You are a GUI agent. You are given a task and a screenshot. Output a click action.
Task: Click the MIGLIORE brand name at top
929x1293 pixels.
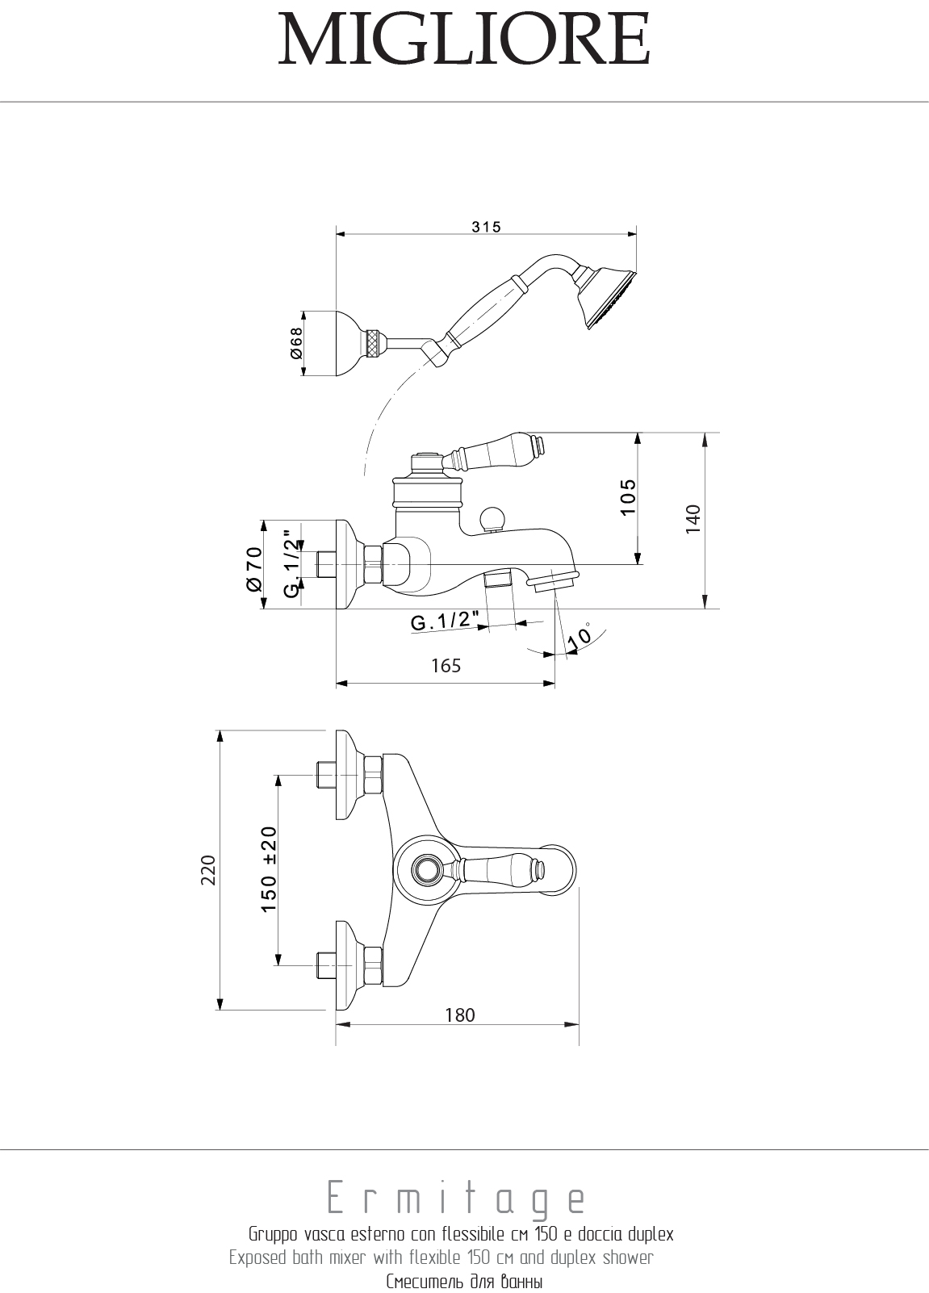point(464,40)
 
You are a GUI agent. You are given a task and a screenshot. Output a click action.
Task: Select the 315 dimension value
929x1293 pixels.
point(487,227)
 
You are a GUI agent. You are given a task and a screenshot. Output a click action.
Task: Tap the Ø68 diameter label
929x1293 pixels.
point(296,344)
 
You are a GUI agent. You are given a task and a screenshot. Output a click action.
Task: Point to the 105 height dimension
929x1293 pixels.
point(629,497)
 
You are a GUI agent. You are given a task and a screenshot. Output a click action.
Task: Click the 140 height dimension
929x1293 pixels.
point(693,520)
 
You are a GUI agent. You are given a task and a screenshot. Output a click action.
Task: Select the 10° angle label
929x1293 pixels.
point(580,635)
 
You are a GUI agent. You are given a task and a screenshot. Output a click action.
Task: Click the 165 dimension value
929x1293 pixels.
point(446,665)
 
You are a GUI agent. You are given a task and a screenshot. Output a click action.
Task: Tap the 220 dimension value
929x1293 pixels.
point(209,870)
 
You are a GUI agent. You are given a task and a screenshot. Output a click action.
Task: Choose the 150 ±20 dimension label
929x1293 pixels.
point(269,869)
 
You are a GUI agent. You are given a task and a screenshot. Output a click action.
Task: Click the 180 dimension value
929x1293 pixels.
point(460,1015)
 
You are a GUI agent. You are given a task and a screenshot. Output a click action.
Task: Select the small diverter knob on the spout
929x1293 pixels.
point(491,519)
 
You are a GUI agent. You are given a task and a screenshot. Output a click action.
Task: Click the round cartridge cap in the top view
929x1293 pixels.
point(425,870)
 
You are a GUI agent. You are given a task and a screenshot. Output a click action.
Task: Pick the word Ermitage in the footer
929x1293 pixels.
point(456,1200)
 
